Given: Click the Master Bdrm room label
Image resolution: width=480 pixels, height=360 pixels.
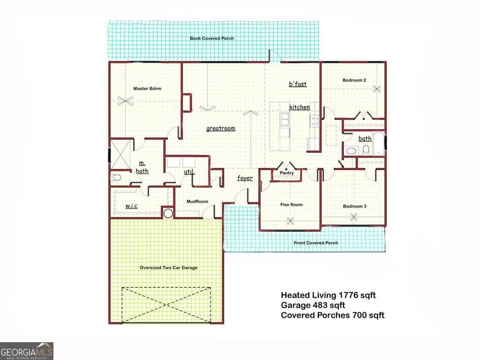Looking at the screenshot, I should (147, 89).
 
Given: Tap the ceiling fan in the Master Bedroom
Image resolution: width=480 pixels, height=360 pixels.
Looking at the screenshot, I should (125, 100).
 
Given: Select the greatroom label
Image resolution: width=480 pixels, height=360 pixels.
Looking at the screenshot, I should (221, 128).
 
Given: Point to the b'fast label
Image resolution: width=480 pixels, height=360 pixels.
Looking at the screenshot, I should (298, 84).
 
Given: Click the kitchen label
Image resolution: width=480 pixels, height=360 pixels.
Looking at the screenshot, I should (299, 107).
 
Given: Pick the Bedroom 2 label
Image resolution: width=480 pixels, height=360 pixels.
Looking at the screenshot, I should (354, 80).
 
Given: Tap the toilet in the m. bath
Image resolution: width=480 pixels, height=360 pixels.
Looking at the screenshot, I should (116, 178).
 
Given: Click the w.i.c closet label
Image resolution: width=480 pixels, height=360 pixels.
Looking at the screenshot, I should (131, 206).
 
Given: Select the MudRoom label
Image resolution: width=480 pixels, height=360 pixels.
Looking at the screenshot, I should (197, 202).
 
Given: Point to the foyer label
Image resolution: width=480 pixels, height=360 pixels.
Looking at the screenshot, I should (245, 178).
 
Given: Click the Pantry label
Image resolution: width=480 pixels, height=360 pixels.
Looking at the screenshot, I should (287, 173).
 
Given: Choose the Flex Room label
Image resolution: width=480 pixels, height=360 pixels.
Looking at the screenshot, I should (292, 204).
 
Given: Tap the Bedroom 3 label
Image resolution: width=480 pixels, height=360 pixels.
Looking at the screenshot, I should (354, 206).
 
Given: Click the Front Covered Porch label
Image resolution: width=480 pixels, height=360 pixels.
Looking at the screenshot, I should (315, 243).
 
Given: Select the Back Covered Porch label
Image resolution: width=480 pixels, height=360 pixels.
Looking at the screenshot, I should (212, 38).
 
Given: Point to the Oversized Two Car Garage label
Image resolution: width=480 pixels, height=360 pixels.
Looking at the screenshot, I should (168, 268).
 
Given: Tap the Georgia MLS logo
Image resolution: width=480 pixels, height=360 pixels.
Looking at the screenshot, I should (27, 351).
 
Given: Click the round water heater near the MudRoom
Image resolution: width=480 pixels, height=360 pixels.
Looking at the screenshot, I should (169, 213).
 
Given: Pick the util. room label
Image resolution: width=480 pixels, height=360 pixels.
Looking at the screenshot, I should (189, 172).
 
